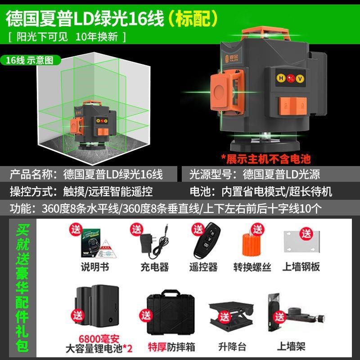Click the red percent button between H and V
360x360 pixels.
pos(290,76)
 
